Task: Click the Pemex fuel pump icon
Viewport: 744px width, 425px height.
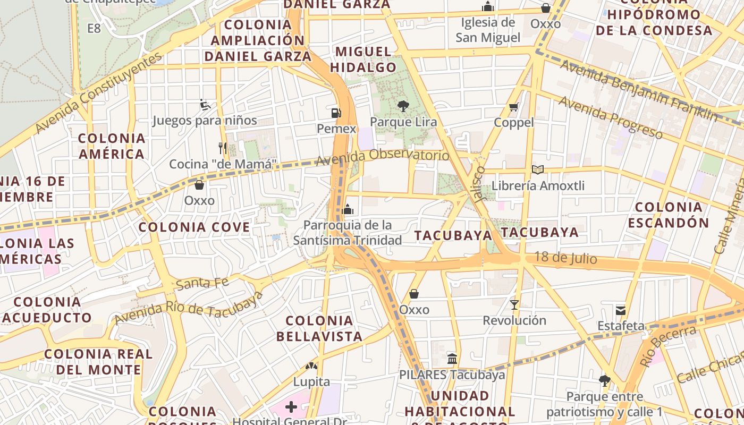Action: click(335, 113)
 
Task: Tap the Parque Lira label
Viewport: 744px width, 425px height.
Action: click(403, 122)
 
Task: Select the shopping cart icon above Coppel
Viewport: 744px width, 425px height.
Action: click(513, 107)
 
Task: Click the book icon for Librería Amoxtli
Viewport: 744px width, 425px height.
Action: click(538, 170)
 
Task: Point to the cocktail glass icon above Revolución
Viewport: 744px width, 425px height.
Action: click(514, 305)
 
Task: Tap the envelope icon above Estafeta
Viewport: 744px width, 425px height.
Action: click(620, 310)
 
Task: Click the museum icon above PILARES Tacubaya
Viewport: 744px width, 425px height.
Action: click(452, 359)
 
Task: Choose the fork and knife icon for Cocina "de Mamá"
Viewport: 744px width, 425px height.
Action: click(223, 148)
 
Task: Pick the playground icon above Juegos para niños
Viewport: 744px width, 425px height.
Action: click(205, 105)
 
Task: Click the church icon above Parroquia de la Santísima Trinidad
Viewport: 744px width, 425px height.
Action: click(348, 209)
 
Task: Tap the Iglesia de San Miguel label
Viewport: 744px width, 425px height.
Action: click(488, 30)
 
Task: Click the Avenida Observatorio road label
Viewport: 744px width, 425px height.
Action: click(383, 157)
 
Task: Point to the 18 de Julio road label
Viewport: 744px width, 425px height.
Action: click(565, 258)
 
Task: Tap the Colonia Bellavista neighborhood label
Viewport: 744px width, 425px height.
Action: click(319, 328)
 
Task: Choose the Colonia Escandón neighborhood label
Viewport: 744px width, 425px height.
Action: click(669, 215)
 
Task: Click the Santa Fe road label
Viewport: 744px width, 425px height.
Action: click(202, 283)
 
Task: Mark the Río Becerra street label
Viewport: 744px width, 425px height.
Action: click(668, 346)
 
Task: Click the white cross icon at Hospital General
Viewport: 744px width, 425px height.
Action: click(291, 407)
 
